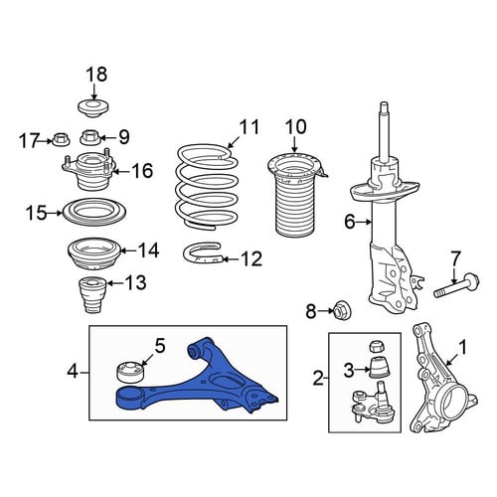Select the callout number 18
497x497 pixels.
coord(96,75)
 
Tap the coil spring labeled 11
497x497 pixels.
coord(207,187)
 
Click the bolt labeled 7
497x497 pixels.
coord(456,284)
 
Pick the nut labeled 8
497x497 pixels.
coord(339,310)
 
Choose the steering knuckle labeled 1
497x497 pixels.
coord(440,381)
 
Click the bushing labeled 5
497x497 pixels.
coord(131,373)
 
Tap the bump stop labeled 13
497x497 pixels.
coord(91,294)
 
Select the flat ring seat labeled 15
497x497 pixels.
coord(94,212)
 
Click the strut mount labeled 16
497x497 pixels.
coord(89,173)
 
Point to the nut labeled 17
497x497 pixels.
coord(61,139)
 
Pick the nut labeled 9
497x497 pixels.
coord(90,137)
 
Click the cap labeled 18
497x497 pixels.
coord(93,108)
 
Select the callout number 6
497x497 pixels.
coord(350,222)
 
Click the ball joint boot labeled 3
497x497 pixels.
coord(379,367)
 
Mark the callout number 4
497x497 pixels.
coord(73,372)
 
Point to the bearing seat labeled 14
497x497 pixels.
coord(94,253)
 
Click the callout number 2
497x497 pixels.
coord(318,378)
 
